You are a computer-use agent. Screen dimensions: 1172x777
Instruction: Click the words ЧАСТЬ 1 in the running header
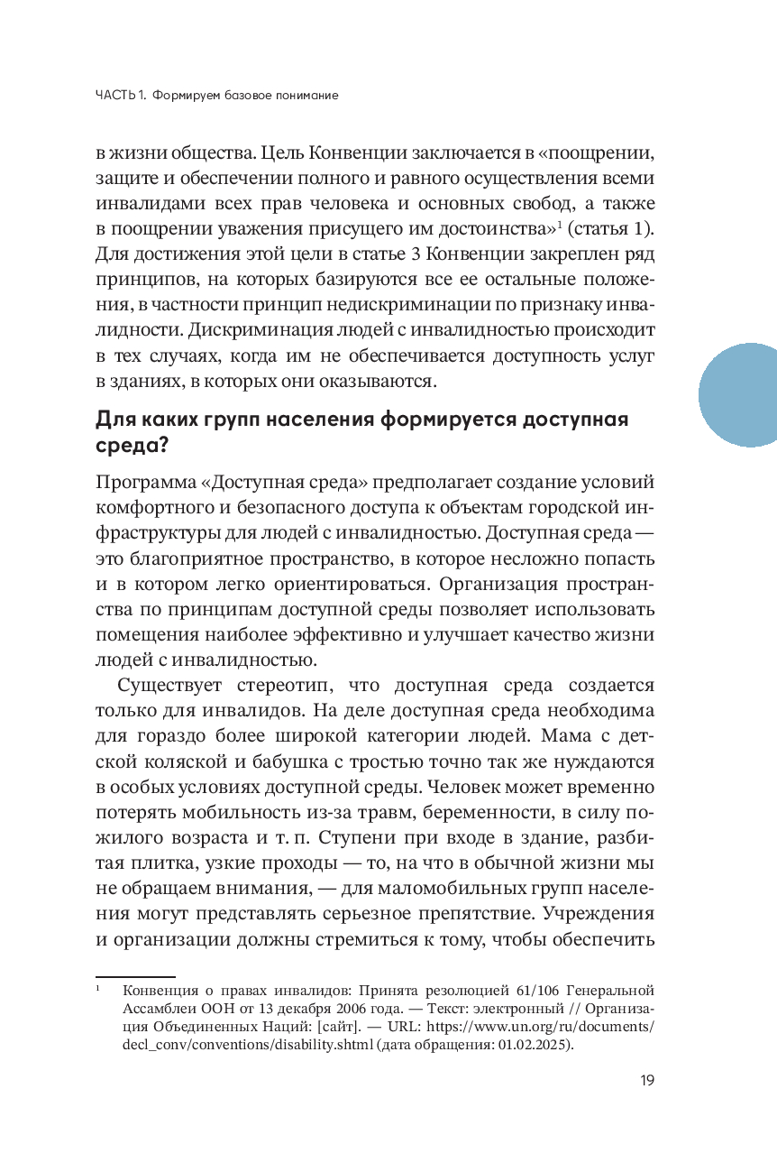(120, 95)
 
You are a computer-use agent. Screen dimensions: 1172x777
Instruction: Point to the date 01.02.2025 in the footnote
(532, 1047)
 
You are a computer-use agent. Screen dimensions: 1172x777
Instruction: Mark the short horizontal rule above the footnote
(135, 977)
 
